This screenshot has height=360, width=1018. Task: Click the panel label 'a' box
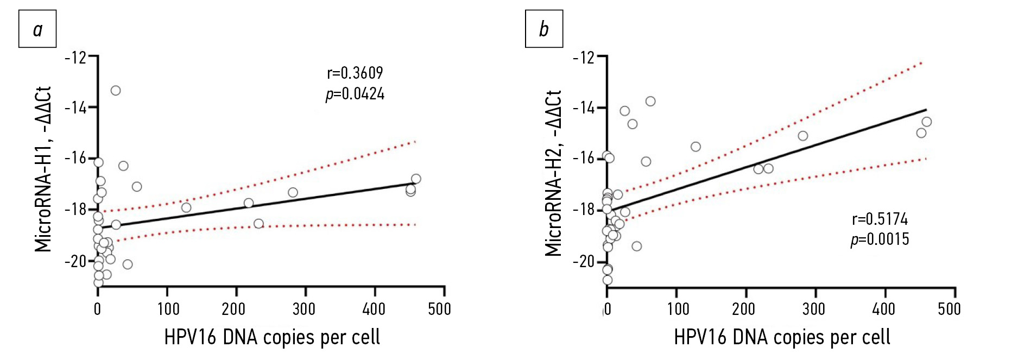coord(37,29)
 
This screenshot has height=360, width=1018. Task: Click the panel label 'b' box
coord(543,29)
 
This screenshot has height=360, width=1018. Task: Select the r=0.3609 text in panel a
coord(355,73)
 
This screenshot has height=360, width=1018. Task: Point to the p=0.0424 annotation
coord(355,94)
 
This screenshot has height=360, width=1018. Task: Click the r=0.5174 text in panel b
coord(880,219)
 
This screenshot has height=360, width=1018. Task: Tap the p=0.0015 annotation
coord(880,239)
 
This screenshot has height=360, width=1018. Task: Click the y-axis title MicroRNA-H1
coord(43,169)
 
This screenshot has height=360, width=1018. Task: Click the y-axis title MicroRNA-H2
coord(553,173)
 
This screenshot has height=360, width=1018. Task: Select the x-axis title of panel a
coord(272,337)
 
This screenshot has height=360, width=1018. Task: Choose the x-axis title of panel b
coord(782,337)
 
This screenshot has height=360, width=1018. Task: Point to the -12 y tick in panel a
coord(76,57)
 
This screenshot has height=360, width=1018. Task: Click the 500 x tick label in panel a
coord(439,309)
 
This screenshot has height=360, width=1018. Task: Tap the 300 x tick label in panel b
coord(813,309)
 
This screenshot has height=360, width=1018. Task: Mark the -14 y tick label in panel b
coord(584,108)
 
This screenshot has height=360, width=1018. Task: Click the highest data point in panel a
coord(116,90)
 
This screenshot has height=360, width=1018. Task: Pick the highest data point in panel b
coord(650,101)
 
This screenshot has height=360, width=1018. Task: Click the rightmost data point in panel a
coord(416,179)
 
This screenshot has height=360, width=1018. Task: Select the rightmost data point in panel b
coord(927,122)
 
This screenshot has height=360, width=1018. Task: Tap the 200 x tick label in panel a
coord(233,309)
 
